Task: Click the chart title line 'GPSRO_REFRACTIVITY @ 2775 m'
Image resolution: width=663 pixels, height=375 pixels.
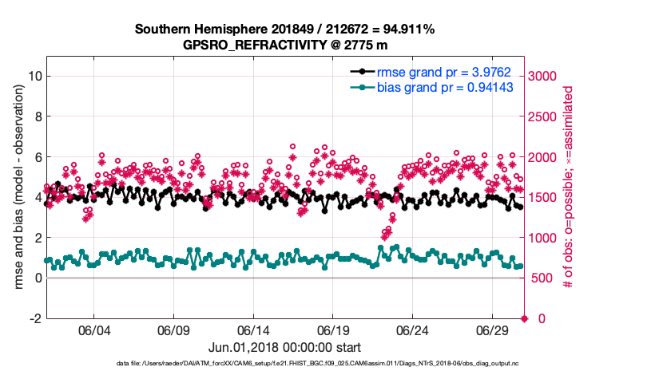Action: tap(284, 45)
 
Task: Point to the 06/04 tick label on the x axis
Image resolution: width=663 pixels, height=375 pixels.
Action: tap(93, 330)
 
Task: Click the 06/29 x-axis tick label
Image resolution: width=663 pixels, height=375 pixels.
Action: tap(493, 330)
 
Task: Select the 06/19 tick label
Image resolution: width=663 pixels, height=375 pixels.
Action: tap(333, 330)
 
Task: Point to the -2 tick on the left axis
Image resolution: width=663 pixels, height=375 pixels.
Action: tap(35, 318)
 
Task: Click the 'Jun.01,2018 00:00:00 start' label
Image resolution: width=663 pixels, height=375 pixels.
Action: tap(284, 347)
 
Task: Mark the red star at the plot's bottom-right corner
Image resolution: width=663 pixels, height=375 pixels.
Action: tap(525, 318)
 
